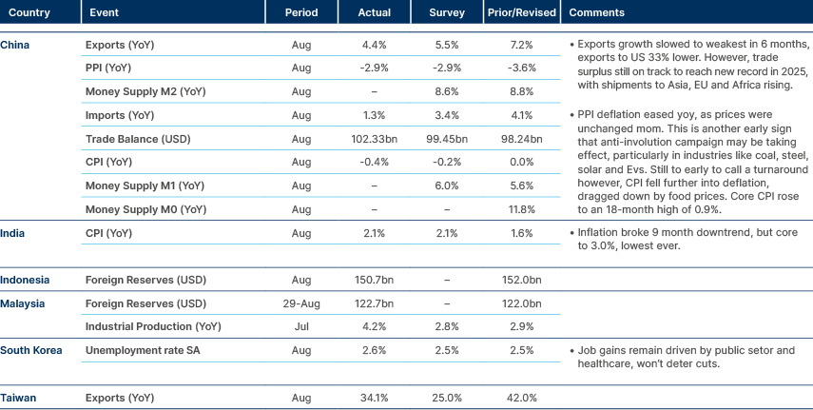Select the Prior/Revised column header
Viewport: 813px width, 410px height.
tap(521, 13)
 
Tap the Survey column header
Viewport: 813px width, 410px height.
tap(447, 13)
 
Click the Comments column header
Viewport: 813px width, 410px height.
tap(596, 13)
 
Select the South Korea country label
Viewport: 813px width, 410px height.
tap(31, 350)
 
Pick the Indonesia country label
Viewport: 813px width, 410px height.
tap(26, 280)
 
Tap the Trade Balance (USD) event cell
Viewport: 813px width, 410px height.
tap(141, 138)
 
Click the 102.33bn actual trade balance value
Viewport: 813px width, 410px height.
tap(374, 138)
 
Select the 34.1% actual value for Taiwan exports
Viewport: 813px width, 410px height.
tap(374, 397)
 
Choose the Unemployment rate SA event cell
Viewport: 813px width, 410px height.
tap(146, 350)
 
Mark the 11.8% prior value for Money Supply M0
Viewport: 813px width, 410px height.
tap(521, 208)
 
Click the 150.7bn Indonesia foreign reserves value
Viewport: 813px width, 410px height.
tap(374, 280)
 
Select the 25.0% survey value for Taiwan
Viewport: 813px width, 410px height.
tap(447, 397)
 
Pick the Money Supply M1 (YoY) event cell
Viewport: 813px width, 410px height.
tap(144, 185)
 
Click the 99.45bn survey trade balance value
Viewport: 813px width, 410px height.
tap(447, 138)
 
